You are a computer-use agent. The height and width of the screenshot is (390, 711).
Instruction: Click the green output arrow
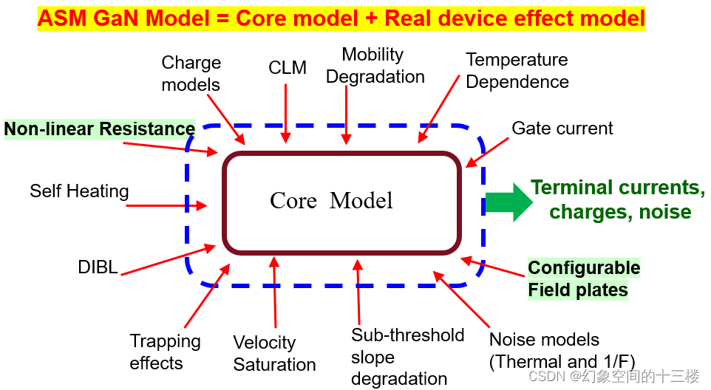pyautogui.click(x=508, y=202)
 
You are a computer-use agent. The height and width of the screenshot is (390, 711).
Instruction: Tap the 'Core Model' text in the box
pyautogui.click(x=331, y=200)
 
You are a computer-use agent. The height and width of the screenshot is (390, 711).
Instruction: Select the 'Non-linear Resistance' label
pyautogui.click(x=100, y=129)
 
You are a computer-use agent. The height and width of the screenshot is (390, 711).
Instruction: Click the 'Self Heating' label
pyautogui.click(x=79, y=191)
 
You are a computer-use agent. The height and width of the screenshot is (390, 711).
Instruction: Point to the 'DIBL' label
pyautogui.click(x=98, y=267)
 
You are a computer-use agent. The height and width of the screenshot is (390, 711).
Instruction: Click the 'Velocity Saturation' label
pyautogui.click(x=274, y=354)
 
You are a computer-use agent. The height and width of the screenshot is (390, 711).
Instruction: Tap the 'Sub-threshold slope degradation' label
pyautogui.click(x=407, y=357)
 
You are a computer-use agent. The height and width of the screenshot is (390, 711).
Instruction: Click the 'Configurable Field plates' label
pyautogui.click(x=583, y=278)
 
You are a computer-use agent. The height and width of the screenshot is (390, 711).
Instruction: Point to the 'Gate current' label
pyautogui.click(x=562, y=129)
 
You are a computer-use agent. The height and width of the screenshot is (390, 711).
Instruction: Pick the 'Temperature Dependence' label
pyautogui.click(x=517, y=71)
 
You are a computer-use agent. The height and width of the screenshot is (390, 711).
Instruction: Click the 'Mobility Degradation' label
pyautogui.click(x=375, y=66)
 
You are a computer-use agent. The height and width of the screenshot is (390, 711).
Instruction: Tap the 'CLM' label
pyautogui.click(x=288, y=68)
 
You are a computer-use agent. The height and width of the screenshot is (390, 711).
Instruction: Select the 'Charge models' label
pyautogui.click(x=191, y=74)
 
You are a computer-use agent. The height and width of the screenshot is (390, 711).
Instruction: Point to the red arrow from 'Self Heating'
pyautogui.click(x=166, y=206)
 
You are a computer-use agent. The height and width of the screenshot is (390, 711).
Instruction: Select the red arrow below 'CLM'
pyautogui.click(x=286, y=111)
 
